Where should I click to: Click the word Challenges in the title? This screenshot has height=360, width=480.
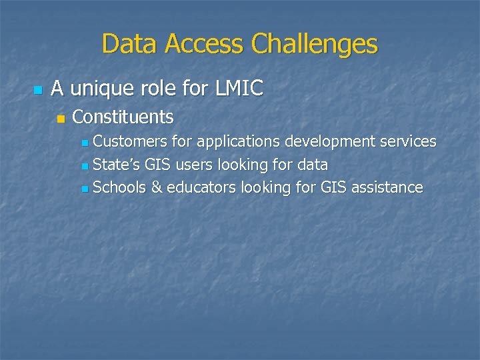point(315,45)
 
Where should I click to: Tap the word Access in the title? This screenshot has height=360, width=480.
point(205,45)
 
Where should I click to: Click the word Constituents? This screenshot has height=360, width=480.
point(123,117)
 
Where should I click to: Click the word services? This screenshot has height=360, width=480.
point(408,141)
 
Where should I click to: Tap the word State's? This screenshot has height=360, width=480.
point(113,164)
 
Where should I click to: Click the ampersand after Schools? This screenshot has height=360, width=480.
point(157,187)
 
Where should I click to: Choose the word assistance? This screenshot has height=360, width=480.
point(388,187)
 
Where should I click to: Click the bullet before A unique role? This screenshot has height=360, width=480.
point(37,89)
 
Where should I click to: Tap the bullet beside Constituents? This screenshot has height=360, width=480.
point(61,119)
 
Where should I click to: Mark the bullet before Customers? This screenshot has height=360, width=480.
point(83,143)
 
